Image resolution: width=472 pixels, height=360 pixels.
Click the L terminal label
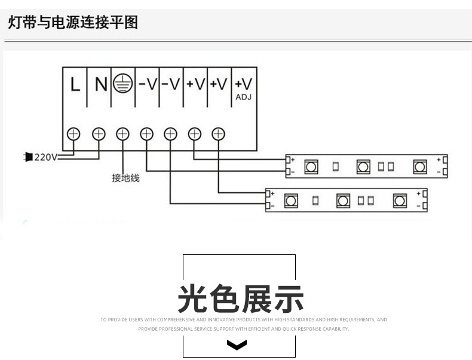[x=75, y=85]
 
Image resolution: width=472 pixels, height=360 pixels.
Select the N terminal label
[x=100, y=85]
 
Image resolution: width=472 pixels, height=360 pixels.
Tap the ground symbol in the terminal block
[x=122, y=84]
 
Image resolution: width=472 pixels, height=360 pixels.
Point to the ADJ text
[x=244, y=97]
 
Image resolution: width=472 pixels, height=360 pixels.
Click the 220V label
[x=45, y=158]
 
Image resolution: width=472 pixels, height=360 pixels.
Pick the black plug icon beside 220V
[x=27, y=157]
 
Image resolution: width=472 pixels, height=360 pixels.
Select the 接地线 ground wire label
[x=125, y=178]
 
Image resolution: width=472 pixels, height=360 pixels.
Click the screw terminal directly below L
[x=74, y=134]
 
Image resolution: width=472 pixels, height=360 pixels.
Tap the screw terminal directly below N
[x=99, y=134]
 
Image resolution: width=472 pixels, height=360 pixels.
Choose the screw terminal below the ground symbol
[x=122, y=134]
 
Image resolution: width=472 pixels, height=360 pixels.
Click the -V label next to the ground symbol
[x=147, y=85]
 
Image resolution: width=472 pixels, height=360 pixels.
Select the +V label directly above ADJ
[x=243, y=84]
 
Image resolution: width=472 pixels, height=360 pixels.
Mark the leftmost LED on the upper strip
[x=311, y=167]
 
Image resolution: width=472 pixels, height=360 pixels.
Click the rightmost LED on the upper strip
[x=421, y=167]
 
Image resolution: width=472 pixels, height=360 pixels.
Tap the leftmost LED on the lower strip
[x=291, y=201]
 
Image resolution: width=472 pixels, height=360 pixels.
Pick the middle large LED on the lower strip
[x=343, y=201]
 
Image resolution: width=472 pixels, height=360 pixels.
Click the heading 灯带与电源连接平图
[x=73, y=23]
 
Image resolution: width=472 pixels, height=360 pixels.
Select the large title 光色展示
[x=240, y=299]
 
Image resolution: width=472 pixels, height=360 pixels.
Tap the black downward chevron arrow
[x=238, y=345]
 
